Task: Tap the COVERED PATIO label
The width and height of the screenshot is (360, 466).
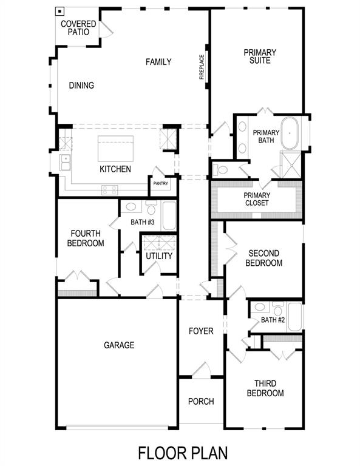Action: coord(78,28)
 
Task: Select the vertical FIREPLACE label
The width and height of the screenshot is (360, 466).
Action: coord(202,67)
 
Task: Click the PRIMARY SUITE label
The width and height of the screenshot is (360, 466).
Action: coord(260,56)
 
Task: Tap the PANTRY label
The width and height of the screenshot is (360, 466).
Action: coord(161,183)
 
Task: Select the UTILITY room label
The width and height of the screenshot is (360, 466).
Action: coord(159,255)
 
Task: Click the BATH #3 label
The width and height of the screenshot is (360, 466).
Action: coord(143,222)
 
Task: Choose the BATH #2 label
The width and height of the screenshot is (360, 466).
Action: coord(273,320)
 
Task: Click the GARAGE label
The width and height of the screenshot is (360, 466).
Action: coord(119,345)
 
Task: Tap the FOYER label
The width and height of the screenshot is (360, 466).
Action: coord(201,331)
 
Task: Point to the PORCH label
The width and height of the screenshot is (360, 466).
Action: coord(200,402)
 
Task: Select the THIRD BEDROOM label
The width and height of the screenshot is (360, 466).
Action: coord(265,388)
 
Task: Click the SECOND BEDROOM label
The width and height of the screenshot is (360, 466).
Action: coord(264,258)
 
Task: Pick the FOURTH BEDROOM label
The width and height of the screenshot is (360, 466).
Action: coord(87,238)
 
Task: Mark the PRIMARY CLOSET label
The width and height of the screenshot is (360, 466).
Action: coord(256,199)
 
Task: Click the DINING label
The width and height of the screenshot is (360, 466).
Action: coord(81,86)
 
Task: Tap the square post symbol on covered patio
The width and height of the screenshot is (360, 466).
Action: coord(60,11)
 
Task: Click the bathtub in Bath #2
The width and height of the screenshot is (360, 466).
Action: coord(294,316)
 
